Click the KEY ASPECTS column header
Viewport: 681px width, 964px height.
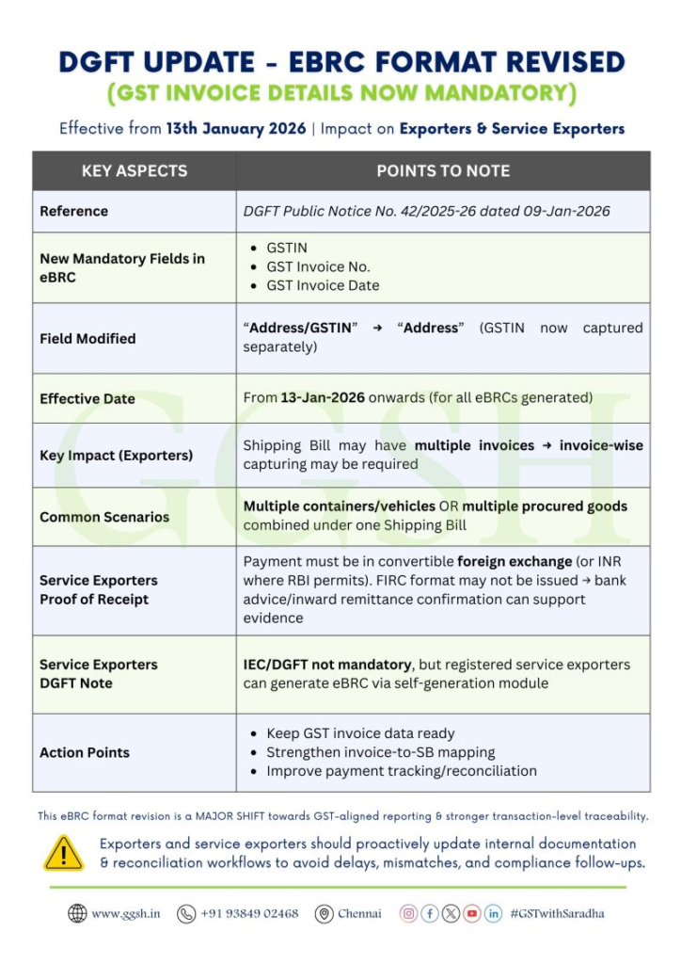coord(135,170)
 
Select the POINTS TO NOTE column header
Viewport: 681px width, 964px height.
coord(443,170)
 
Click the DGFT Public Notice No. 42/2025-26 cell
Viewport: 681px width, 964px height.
coord(426,212)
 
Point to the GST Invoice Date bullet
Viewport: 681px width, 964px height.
coord(323,285)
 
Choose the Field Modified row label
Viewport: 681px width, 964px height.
coord(87,338)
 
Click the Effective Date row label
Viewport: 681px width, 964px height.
coord(87,399)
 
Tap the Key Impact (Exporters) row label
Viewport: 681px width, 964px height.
coord(116,456)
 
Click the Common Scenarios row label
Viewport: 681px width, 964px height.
coord(104,517)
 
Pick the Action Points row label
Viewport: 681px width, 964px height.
coord(85,752)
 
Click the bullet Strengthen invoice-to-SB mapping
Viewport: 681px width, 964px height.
coord(380,752)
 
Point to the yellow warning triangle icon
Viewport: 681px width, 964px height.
coord(64,852)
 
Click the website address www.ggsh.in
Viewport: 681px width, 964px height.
coord(125,913)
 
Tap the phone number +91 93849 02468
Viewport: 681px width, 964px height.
coord(249,913)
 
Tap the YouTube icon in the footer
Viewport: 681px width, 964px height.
coord(472,913)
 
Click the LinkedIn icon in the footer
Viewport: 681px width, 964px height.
coord(493,913)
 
